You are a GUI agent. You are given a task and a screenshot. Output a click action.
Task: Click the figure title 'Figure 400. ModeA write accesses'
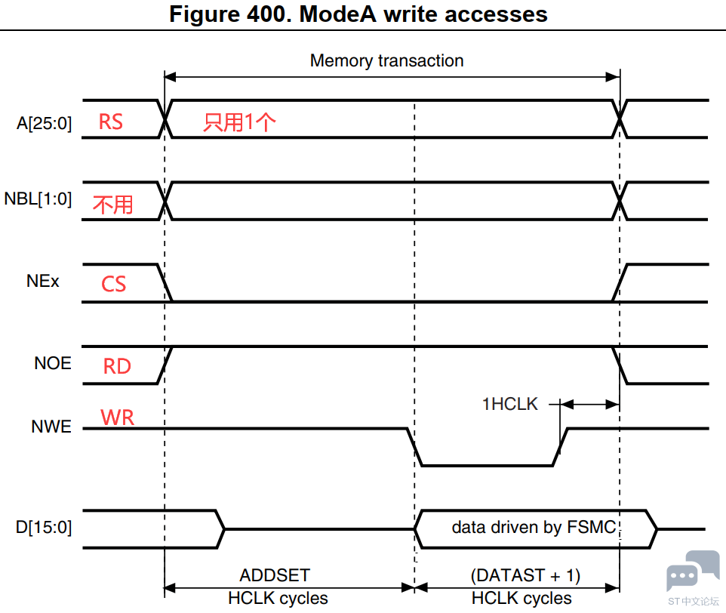point(358,14)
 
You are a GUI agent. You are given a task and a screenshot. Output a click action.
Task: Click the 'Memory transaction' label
point(386,60)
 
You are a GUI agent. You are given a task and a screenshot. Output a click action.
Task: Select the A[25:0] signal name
point(45,123)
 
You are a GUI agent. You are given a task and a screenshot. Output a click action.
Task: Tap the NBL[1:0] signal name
point(38,199)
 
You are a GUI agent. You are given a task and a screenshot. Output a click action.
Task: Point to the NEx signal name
point(42,281)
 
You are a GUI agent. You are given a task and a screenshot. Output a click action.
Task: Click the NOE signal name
point(53,363)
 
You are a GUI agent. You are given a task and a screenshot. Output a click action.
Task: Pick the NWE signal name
point(51,427)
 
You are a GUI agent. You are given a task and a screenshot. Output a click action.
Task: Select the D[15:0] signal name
point(44,528)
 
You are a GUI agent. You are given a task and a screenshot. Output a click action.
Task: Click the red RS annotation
point(111,122)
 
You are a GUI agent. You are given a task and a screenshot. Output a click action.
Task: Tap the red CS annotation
point(113,284)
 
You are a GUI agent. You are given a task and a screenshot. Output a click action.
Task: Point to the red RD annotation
point(117,366)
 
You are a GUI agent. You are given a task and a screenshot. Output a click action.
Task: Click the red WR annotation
point(117,417)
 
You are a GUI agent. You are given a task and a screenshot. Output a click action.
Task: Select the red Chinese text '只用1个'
point(239,122)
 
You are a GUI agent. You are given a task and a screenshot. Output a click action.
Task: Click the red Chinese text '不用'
point(113,205)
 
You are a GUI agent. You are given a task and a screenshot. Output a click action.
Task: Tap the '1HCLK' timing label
point(509,404)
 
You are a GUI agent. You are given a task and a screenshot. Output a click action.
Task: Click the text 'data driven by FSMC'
point(534,528)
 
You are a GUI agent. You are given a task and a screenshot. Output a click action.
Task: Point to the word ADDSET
point(275,575)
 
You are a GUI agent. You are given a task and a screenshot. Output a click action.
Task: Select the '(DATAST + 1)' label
point(525,575)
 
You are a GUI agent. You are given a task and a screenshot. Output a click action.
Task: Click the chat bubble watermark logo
point(693,571)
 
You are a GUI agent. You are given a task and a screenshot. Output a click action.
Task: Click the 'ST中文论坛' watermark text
point(693,602)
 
